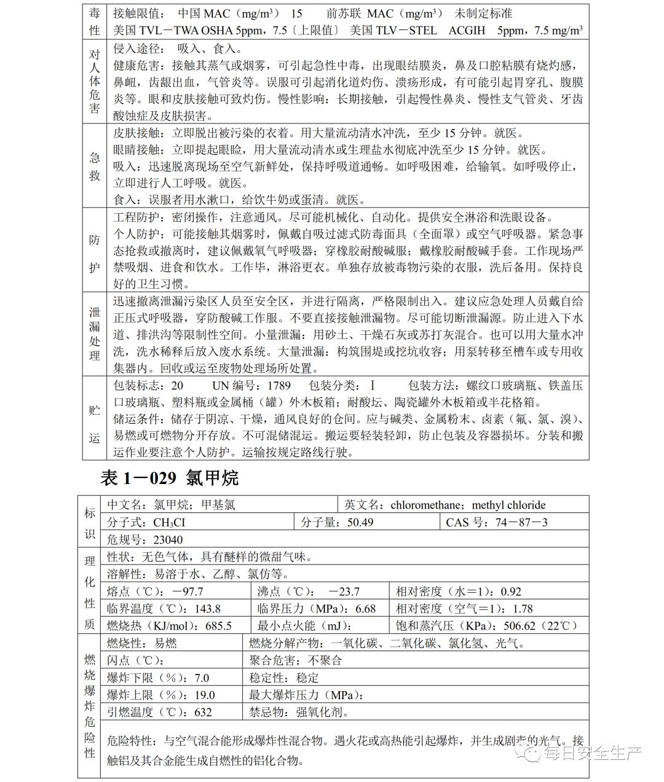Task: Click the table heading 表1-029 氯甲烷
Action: pos(169,477)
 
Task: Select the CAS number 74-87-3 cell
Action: pos(496,522)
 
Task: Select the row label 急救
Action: pos(94,166)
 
